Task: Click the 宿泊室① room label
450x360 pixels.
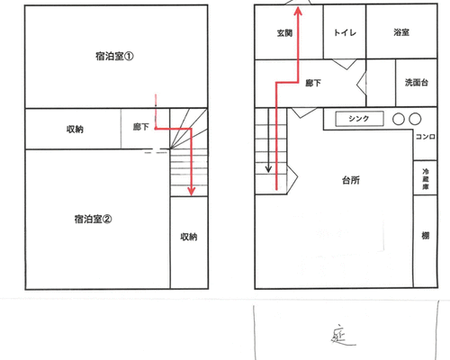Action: [114, 56]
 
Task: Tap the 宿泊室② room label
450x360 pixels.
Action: [93, 219]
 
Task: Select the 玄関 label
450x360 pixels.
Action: [284, 32]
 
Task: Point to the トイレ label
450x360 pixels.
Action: [345, 32]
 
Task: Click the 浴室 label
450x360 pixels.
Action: [401, 32]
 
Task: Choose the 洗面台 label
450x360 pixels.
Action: [417, 83]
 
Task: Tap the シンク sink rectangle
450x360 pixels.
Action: [359, 119]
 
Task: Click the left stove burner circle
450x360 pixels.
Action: [399, 119]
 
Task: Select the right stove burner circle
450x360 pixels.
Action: [415, 119]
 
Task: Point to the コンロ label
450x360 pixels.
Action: [426, 137]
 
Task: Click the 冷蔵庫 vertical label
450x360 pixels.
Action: [426, 179]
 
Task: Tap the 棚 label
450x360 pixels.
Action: [426, 236]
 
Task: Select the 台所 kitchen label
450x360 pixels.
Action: [351, 180]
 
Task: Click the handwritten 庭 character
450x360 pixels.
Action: [342, 335]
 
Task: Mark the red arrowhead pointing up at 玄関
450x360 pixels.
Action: [298, 12]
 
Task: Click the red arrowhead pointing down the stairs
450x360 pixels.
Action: [191, 191]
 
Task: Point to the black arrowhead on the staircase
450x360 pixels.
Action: [268, 169]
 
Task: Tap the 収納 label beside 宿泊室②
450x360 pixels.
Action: [189, 237]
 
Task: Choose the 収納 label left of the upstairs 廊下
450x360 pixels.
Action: [75, 130]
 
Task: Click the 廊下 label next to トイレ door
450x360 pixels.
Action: [313, 83]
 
